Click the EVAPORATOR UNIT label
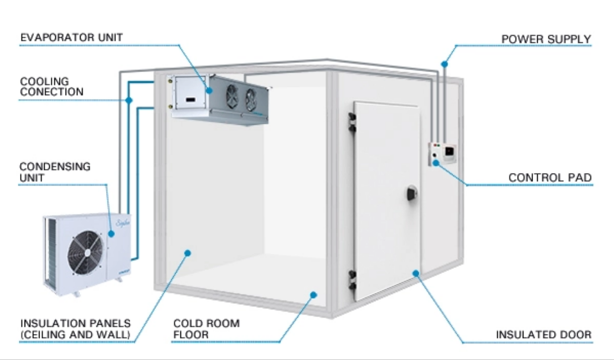point(72,38)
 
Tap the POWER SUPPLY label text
point(546,39)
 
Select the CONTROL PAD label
point(550,178)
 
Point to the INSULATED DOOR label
point(544,334)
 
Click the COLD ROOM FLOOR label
point(207,329)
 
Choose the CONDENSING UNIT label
point(55,172)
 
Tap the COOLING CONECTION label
point(52,87)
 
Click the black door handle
point(412,193)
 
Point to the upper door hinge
point(352,122)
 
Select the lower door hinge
point(352,280)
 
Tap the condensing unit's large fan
point(86,253)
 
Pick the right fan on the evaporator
point(251,100)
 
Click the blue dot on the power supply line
point(444,65)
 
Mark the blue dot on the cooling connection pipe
point(129,100)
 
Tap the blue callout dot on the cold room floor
point(314,295)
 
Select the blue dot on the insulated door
point(416,273)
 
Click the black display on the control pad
point(449,151)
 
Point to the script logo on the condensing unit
point(123,223)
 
